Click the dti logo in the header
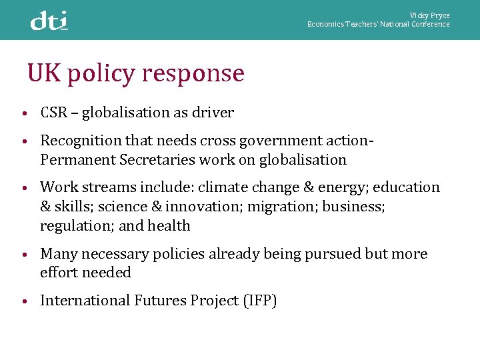tap(49, 21)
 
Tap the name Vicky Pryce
tap(430, 15)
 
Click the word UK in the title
tap(43, 73)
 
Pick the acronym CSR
tap(54, 113)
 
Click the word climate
tap(221, 187)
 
